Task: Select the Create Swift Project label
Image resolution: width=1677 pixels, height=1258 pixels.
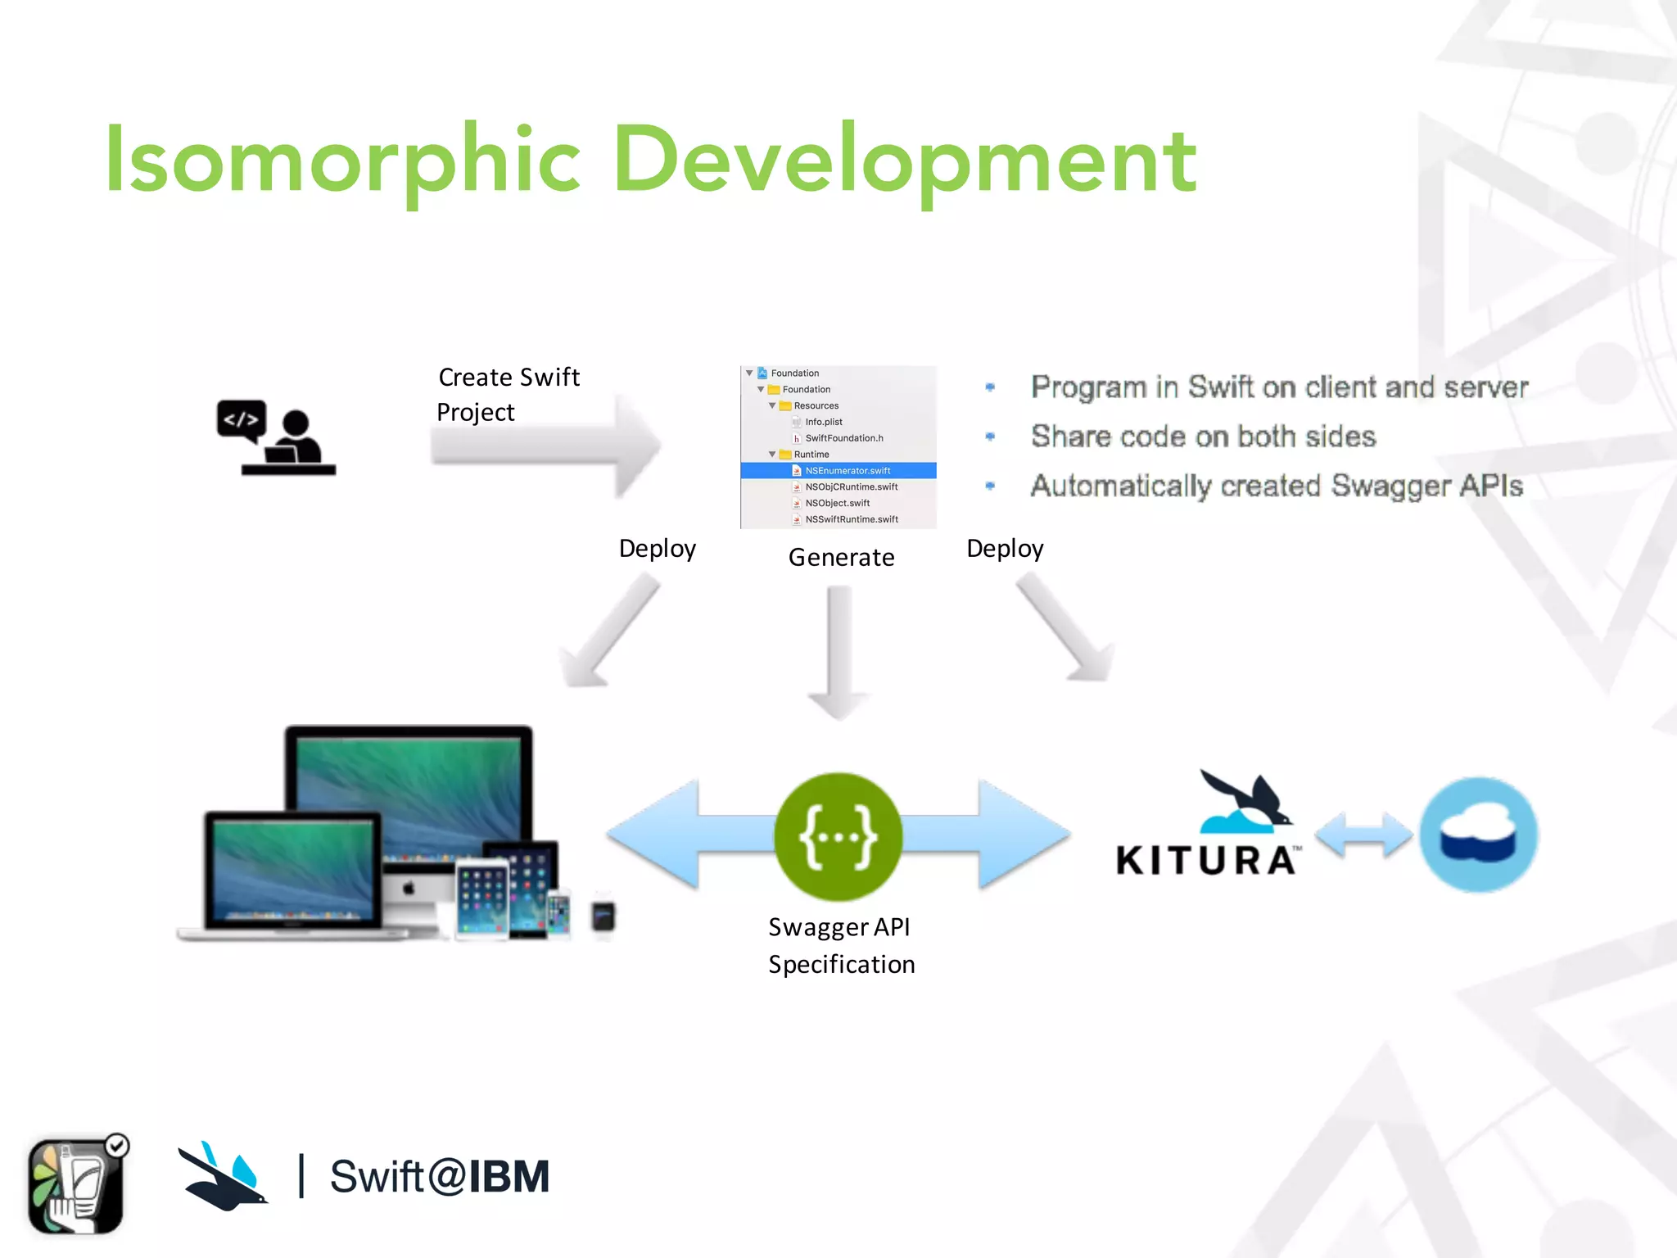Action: tap(508, 394)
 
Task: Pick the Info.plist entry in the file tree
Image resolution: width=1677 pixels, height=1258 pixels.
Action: tap(823, 422)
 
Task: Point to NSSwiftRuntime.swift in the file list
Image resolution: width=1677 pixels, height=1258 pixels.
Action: tap(851, 519)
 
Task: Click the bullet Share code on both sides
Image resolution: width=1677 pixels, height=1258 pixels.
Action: tap(1202, 437)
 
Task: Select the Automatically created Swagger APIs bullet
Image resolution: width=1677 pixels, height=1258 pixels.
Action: tap(1276, 486)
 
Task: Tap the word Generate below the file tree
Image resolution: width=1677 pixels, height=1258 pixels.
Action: tap(841, 557)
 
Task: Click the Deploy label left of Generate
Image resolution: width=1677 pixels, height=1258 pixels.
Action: tap(657, 548)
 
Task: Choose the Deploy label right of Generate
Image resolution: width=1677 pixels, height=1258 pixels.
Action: tap(1005, 548)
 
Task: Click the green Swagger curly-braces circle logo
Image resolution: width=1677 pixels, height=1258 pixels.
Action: tap(838, 836)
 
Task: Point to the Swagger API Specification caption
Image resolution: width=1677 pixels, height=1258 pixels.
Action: tap(841, 945)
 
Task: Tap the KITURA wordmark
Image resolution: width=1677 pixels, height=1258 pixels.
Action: tap(1206, 861)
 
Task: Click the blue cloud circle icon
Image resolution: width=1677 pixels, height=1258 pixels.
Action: tap(1479, 835)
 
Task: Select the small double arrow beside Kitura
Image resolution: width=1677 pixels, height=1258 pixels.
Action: tap(1363, 835)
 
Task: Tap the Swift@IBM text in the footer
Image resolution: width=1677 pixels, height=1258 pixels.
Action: tap(439, 1177)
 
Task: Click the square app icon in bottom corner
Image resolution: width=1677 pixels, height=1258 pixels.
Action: tap(76, 1185)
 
